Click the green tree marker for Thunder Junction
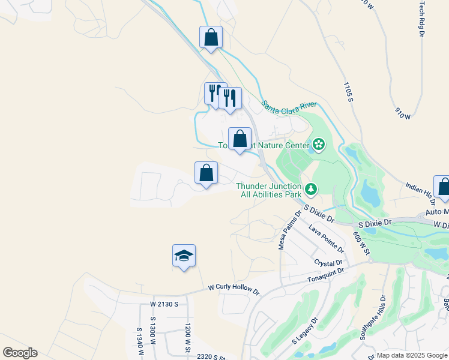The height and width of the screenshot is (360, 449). [310, 190]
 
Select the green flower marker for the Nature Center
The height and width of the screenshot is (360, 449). [318, 144]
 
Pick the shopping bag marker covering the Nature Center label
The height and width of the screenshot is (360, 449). [240, 139]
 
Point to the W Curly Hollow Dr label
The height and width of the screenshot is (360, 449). [234, 290]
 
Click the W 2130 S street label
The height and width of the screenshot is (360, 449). [164, 304]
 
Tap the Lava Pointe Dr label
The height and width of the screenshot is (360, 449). [326, 238]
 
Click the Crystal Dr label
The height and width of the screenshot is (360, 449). [328, 263]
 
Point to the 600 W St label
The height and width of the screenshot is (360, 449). [358, 231]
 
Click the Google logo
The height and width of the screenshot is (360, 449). [20, 353]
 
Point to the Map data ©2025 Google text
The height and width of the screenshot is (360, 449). [411, 355]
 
